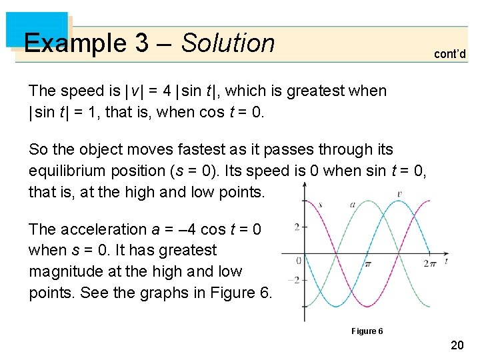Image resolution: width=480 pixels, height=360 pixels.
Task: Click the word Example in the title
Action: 75,43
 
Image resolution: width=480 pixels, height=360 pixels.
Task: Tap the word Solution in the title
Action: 228,43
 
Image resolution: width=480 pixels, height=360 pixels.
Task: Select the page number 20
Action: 457,345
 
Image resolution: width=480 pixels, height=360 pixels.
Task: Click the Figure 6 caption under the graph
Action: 367,331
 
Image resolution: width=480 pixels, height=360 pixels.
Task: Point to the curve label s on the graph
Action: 320,204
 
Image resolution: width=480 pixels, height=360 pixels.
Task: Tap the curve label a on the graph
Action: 352,204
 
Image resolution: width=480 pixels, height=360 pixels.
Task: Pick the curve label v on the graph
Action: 399,195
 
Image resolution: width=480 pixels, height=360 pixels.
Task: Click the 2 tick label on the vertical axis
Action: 296,227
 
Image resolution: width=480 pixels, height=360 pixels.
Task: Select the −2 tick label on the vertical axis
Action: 294,280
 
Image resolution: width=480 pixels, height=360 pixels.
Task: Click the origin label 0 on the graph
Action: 298,261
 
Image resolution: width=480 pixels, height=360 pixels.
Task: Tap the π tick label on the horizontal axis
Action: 367,263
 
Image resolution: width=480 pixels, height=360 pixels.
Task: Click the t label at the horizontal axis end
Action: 445,261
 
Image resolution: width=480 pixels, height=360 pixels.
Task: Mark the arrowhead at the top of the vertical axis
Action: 305,186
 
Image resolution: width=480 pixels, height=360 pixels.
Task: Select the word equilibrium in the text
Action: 69,171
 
